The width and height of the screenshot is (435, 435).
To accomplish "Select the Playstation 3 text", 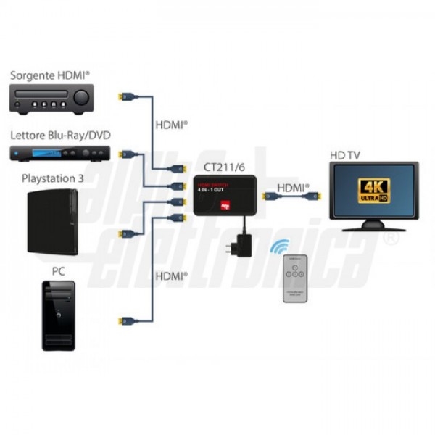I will [58, 178].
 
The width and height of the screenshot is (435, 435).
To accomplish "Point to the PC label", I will [58, 271].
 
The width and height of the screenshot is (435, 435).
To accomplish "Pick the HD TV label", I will [344, 154].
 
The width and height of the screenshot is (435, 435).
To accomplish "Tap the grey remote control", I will [295, 278].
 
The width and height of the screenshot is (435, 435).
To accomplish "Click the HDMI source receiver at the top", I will [51, 98].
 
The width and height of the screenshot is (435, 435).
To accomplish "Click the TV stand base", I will [373, 225].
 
